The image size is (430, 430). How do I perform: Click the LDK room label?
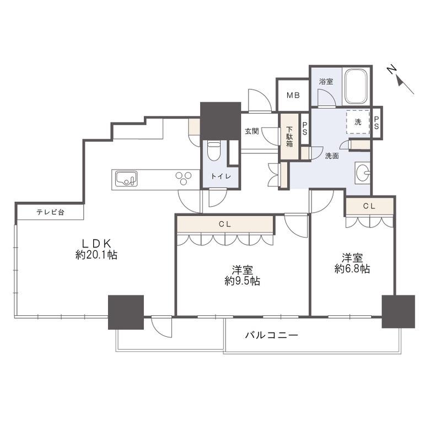tap(97, 243)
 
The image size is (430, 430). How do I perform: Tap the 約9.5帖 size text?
tap(243, 281)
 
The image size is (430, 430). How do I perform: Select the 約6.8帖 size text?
tap(352, 269)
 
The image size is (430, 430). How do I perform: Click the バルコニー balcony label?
tap(271, 335)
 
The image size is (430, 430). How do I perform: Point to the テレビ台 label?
tap(51, 212)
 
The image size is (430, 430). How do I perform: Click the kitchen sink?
tap(126, 179)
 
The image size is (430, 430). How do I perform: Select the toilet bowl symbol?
tap(214, 152)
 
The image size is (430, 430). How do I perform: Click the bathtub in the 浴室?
tap(356, 86)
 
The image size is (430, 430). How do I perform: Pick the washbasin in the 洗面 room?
tap(362, 173)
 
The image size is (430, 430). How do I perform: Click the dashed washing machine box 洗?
tap(358, 122)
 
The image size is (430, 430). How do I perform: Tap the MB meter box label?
tap(293, 95)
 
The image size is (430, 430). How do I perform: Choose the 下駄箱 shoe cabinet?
tap(289, 136)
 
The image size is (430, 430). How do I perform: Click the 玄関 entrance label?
tap(252, 131)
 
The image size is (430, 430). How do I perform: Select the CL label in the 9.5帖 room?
tap(225, 224)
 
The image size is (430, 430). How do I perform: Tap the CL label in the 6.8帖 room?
tap(369, 206)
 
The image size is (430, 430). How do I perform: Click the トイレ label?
tap(221, 176)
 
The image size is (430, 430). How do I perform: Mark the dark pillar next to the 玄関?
tap(221, 121)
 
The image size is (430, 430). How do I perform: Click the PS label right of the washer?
tap(376, 122)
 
